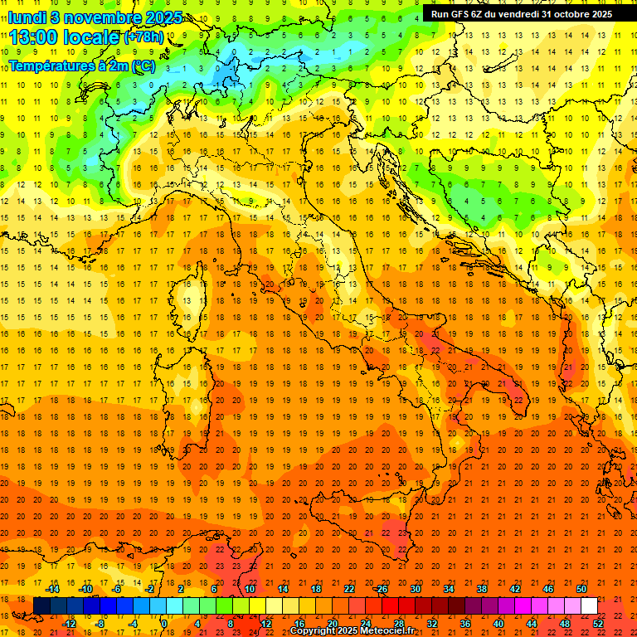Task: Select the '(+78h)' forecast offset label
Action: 143,38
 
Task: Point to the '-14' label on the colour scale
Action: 52,589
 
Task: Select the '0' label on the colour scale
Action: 165,623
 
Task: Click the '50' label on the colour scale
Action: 581,589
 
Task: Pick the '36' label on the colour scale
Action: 465,623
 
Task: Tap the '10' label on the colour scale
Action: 250,589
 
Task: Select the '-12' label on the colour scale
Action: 69,623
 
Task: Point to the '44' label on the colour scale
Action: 532,623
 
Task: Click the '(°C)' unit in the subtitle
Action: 144,66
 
